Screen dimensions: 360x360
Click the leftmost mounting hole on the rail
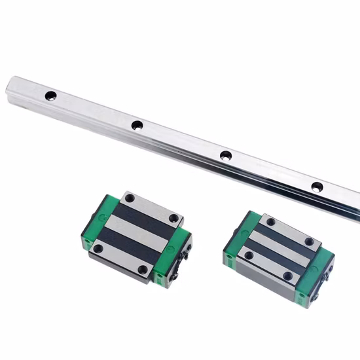(50, 96)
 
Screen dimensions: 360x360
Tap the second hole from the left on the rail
(137, 125)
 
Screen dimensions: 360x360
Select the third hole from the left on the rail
(225, 156)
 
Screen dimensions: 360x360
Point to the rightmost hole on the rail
(317, 187)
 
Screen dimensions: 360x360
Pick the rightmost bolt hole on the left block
(173, 219)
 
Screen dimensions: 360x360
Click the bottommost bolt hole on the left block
(143, 269)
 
